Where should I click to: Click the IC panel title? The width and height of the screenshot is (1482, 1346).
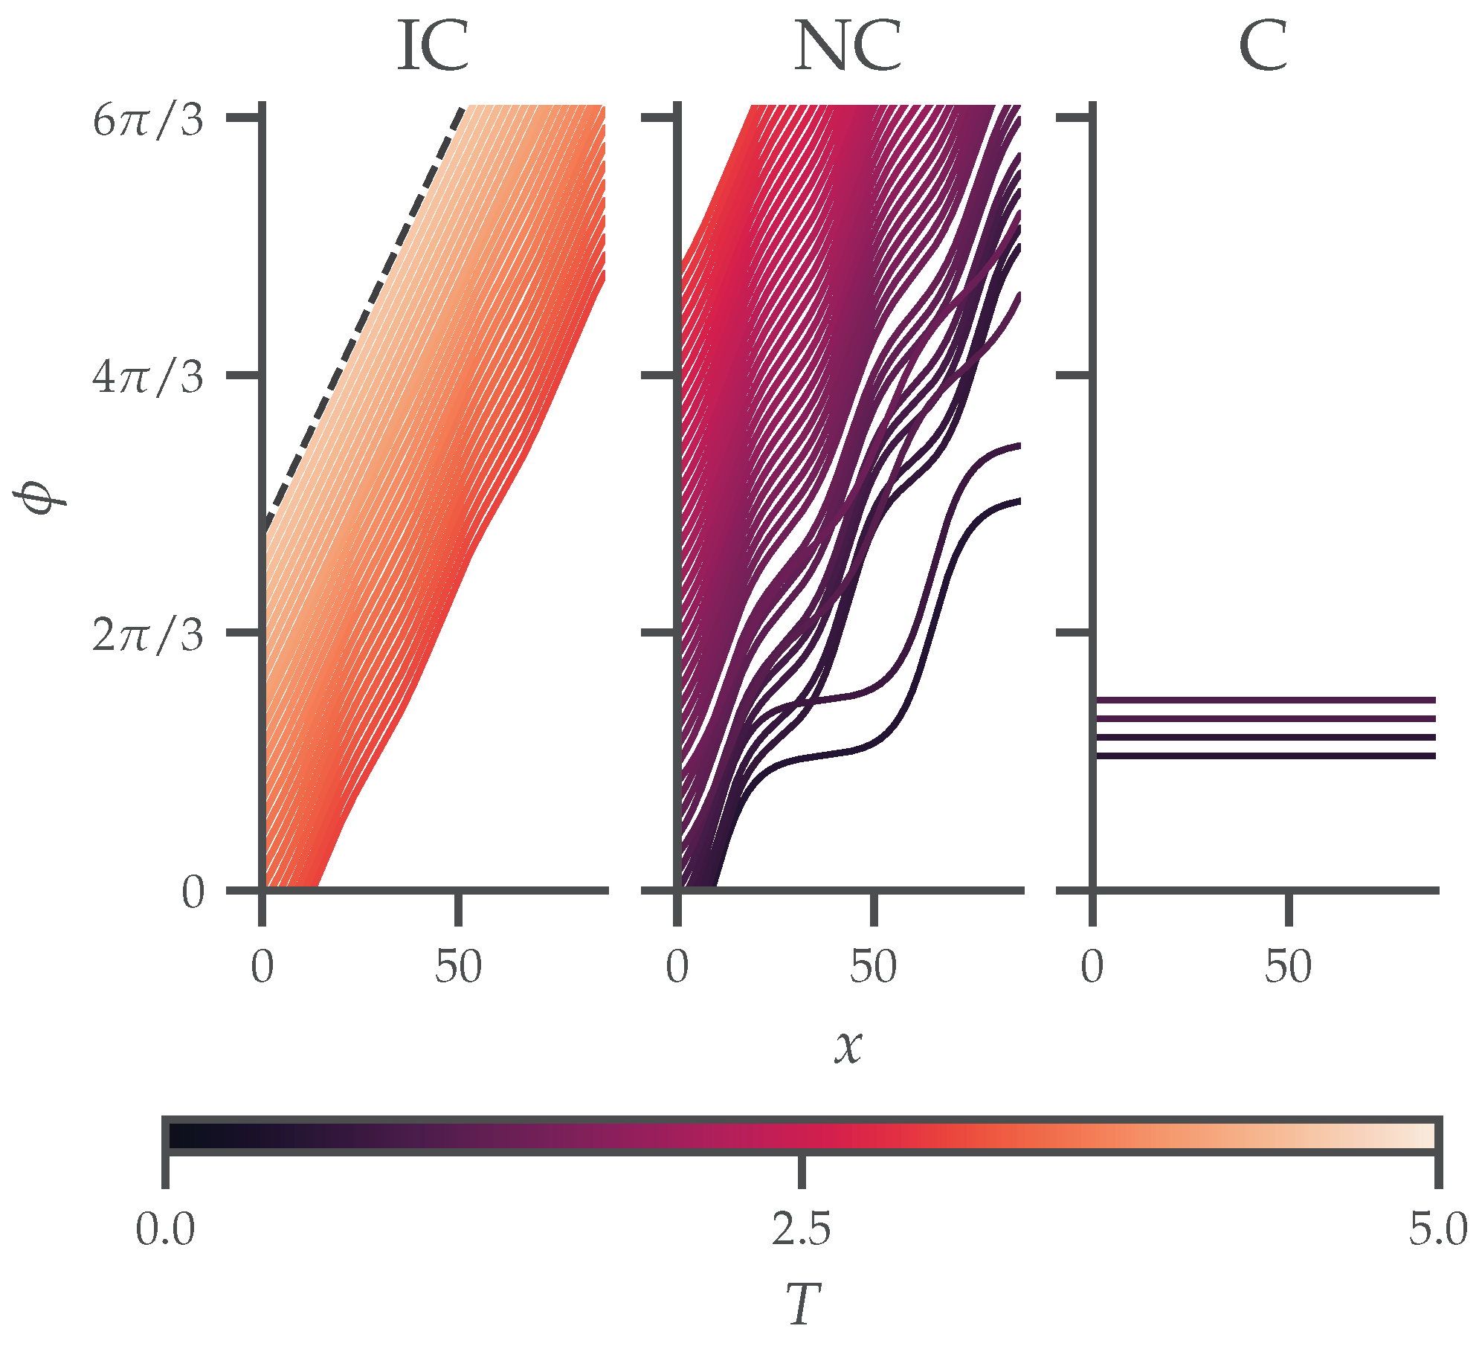(434, 47)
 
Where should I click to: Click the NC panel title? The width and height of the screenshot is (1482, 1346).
(848, 47)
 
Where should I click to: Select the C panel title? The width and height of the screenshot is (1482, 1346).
(1263, 47)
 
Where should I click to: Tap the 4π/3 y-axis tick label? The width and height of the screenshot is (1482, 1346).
(147, 378)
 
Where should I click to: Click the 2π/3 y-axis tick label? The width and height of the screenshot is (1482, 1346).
(147, 635)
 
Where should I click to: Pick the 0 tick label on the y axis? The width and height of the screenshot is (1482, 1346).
(193, 892)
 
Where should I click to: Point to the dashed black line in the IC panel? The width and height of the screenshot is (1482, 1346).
(364, 312)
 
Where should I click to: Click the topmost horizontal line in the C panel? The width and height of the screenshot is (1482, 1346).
(1264, 700)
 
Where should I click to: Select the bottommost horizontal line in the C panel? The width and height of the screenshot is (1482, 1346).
(1264, 756)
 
